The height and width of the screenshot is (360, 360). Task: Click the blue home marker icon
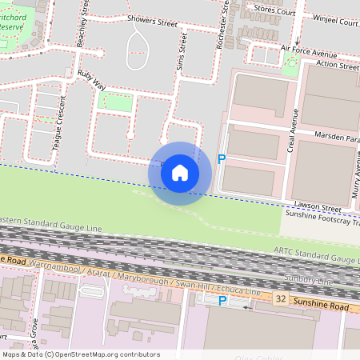[x=180, y=173]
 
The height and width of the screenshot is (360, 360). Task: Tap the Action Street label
[x=337, y=66]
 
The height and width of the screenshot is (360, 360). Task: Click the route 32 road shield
[x=280, y=298]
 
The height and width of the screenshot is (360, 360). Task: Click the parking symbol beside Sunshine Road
[x=222, y=301]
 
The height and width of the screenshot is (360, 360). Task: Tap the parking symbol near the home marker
[x=222, y=159]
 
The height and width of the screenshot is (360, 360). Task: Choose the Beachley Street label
[x=82, y=24]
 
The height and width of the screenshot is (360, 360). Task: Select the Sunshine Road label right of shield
[x=319, y=306]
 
